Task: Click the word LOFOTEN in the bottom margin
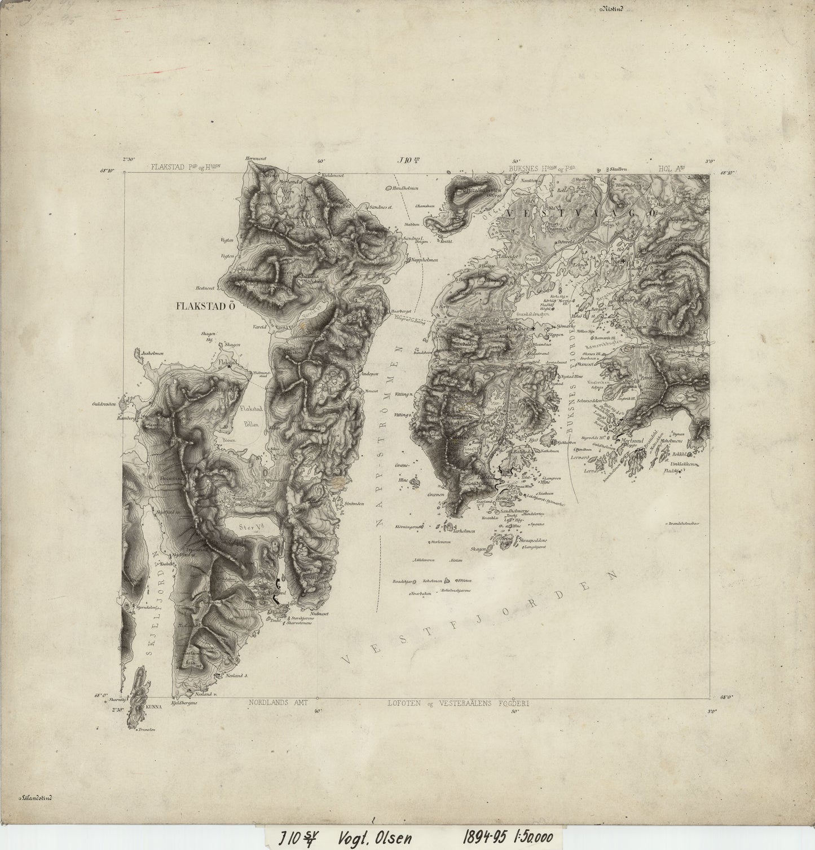click(404, 703)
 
